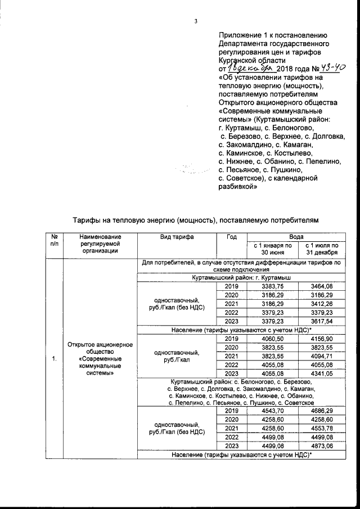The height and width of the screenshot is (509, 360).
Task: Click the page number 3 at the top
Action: (x=196, y=22)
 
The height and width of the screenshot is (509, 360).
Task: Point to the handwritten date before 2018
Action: (x=254, y=68)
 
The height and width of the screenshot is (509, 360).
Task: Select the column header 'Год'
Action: (x=231, y=237)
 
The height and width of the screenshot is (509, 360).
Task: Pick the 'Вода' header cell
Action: (x=296, y=237)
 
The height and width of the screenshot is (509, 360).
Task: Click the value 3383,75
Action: (x=271, y=286)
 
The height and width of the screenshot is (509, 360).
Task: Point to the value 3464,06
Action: (x=321, y=286)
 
